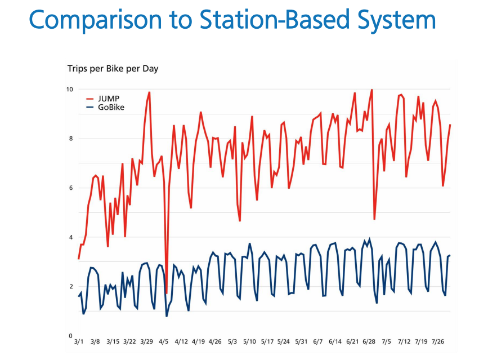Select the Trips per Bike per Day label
click(x=113, y=69)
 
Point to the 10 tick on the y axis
click(x=69, y=90)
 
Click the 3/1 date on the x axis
click(x=79, y=341)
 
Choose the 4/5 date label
click(x=164, y=341)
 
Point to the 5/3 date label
click(x=232, y=341)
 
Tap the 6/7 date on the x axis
click(x=318, y=341)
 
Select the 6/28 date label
click(x=369, y=341)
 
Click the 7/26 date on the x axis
click(x=437, y=341)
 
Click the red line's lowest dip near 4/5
click(x=167, y=293)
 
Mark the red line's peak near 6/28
click(x=371, y=90)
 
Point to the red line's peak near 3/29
click(x=149, y=92)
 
